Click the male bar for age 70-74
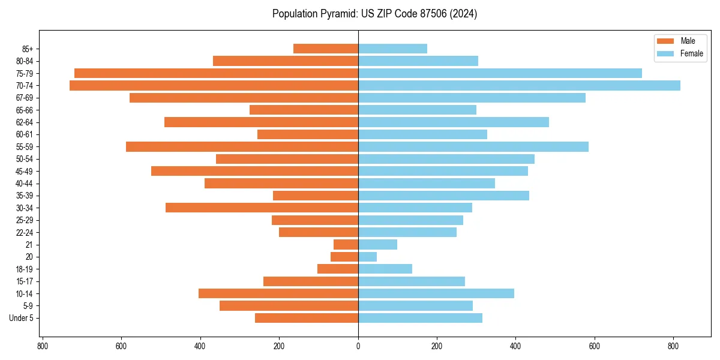tap(214, 86)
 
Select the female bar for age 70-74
tap(519, 86)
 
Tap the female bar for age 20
tap(367, 257)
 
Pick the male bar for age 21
tap(346, 245)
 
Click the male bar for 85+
tap(326, 49)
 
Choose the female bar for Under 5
tap(420, 318)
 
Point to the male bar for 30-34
tap(262, 208)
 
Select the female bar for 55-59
tap(473, 147)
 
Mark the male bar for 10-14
tap(278, 293)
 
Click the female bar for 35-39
tap(443, 196)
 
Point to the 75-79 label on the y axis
tap(25, 74)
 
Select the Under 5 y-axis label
tap(21, 318)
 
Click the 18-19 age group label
tap(25, 269)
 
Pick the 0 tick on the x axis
tap(358, 346)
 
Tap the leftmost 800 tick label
tap(43, 346)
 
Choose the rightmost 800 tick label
tap(673, 346)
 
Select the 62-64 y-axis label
tap(25, 122)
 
